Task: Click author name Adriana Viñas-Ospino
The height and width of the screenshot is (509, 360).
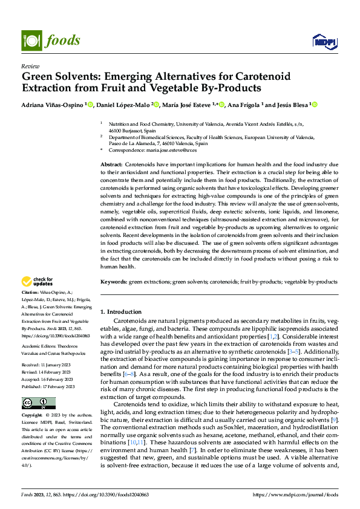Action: pyautogui.click(x=53, y=105)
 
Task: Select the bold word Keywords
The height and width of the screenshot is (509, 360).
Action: pyautogui.click(x=113, y=282)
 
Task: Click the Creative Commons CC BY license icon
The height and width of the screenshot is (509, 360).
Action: pyautogui.click(x=38, y=403)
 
